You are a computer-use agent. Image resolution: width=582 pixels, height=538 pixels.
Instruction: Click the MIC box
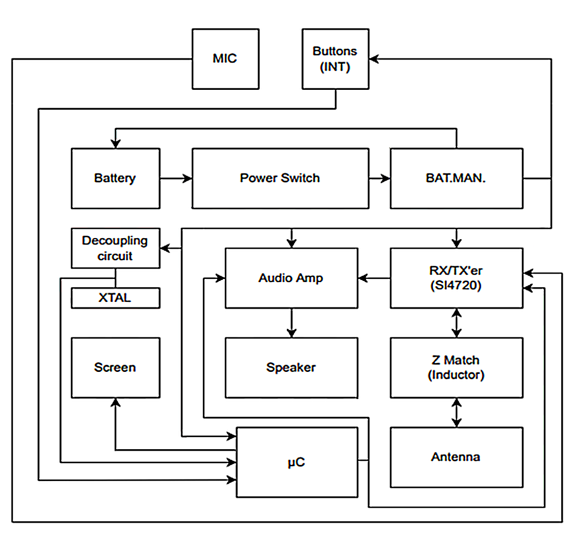tap(225, 59)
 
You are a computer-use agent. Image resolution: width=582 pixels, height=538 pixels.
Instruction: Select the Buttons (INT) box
tap(335, 59)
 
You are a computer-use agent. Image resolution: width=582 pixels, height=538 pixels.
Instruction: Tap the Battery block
tap(115, 178)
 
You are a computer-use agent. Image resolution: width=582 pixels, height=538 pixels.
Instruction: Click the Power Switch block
tap(280, 178)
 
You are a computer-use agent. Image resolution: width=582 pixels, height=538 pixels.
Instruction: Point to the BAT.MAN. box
tap(456, 178)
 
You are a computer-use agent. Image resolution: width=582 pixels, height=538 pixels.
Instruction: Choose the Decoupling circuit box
tap(115, 248)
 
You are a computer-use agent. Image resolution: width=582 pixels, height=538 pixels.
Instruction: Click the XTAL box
tap(115, 298)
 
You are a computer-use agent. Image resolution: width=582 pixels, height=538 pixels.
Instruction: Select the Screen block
tap(115, 367)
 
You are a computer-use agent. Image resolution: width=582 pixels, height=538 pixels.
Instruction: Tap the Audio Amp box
tap(291, 278)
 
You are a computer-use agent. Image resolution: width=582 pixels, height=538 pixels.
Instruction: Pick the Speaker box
tap(291, 367)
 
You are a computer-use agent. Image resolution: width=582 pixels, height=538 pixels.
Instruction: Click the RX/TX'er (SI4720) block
tap(456, 278)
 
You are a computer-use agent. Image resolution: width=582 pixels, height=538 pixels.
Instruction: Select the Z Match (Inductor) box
tap(456, 367)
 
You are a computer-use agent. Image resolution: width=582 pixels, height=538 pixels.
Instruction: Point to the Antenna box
tap(456, 457)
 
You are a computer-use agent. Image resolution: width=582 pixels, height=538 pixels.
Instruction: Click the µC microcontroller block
tap(297, 462)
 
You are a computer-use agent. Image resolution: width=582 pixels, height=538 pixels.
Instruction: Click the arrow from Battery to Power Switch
tap(176, 178)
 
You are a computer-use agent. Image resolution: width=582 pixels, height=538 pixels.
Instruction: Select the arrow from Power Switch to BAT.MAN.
tap(380, 178)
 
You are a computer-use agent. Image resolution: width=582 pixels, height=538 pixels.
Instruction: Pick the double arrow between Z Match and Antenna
tap(457, 413)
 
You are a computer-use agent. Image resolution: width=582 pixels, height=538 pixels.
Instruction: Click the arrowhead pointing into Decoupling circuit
tap(166, 248)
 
